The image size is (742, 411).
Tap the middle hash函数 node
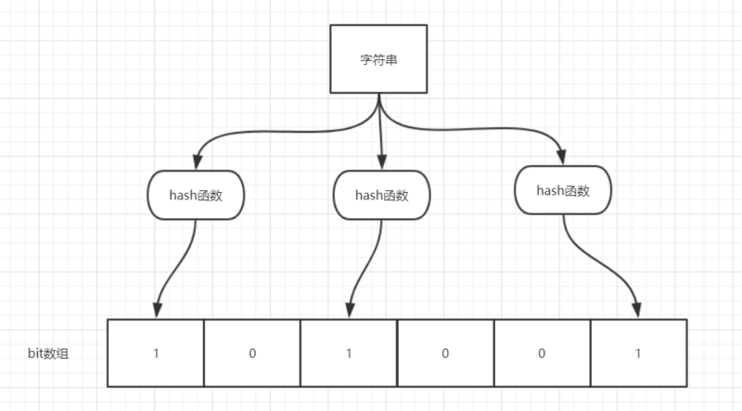(382, 195)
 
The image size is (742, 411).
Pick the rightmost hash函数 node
(563, 190)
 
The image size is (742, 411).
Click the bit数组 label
(47, 353)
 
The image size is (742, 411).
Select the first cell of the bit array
(155, 353)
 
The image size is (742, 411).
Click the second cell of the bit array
(251, 353)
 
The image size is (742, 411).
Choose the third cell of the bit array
(348, 353)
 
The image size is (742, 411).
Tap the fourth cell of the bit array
(444, 353)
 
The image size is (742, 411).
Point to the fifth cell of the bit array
(541, 353)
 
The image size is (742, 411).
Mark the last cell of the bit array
(638, 353)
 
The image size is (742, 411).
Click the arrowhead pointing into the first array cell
(157, 312)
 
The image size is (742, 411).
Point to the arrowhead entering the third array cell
(349, 312)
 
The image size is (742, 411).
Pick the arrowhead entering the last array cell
(638, 312)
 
